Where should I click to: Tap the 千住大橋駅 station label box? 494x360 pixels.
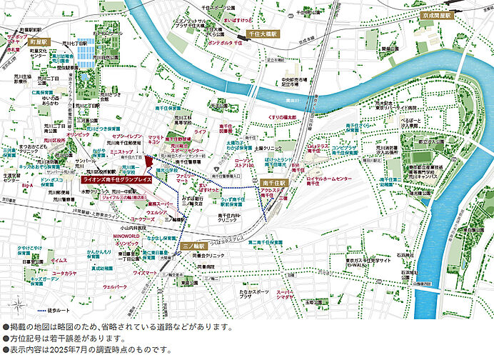(x=261, y=34)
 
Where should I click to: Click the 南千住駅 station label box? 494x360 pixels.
(x=274, y=183)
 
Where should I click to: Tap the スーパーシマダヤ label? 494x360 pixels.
(x=286, y=294)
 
